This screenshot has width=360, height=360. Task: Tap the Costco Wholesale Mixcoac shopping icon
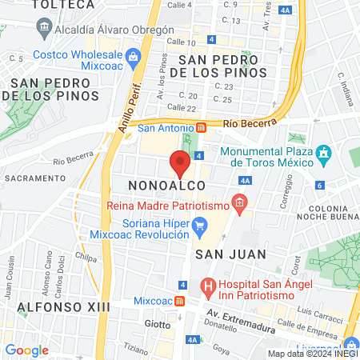click(134, 57)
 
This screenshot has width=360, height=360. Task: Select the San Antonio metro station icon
click(202, 127)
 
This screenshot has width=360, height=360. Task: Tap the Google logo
click(27, 350)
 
